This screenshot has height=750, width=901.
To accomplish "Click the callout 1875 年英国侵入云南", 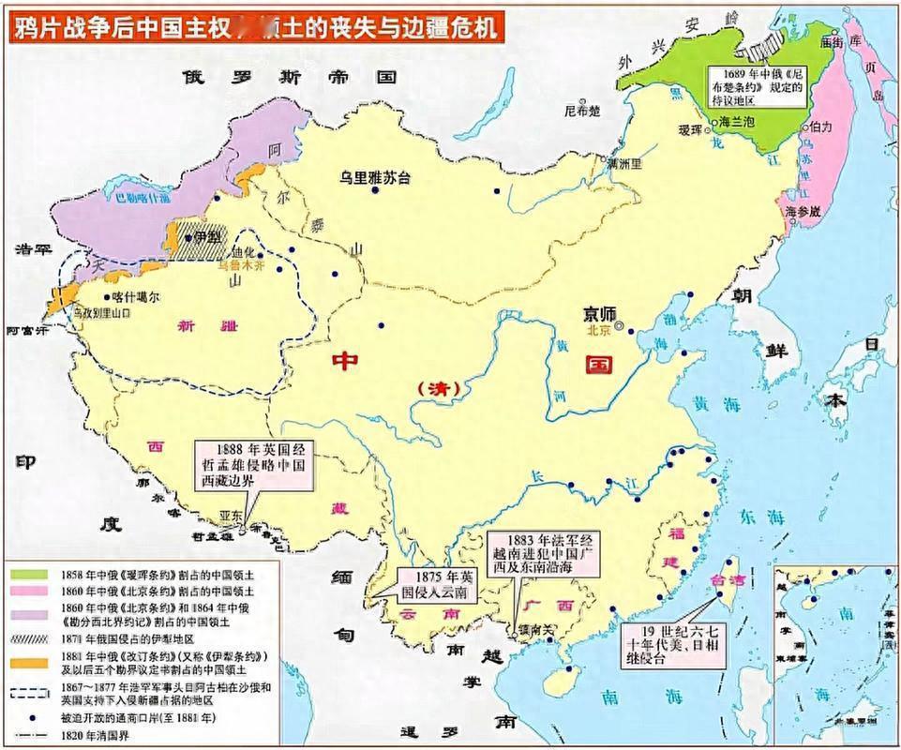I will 432,586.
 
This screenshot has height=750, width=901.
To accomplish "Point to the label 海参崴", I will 803,212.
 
